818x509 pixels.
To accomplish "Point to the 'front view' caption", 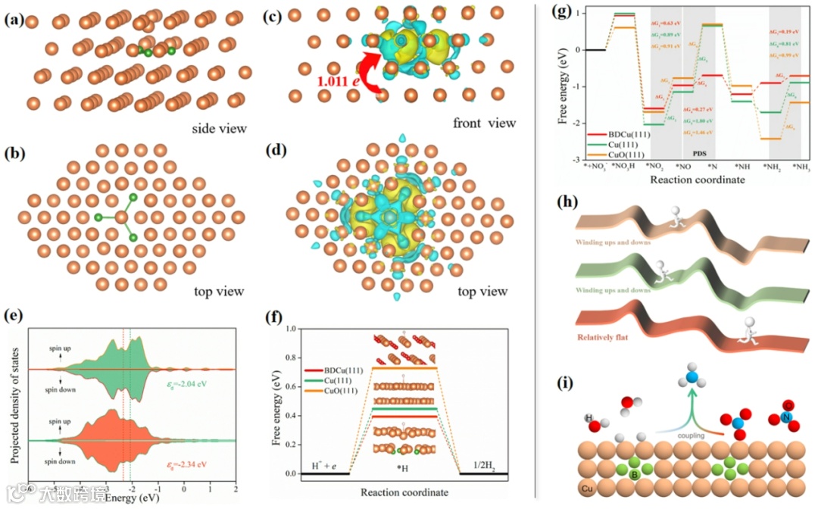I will coord(484,123).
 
